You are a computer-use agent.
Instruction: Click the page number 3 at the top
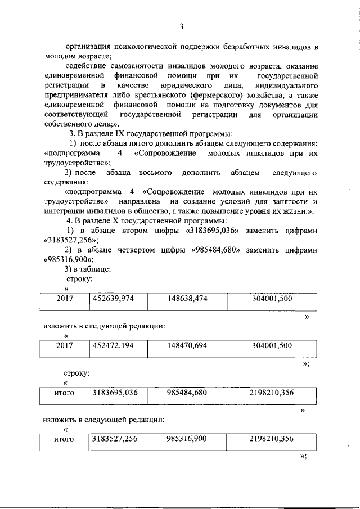(182, 27)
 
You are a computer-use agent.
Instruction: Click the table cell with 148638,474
(187, 299)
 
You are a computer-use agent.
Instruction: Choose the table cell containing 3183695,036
(115, 393)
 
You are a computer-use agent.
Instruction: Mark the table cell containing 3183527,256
(115, 439)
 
